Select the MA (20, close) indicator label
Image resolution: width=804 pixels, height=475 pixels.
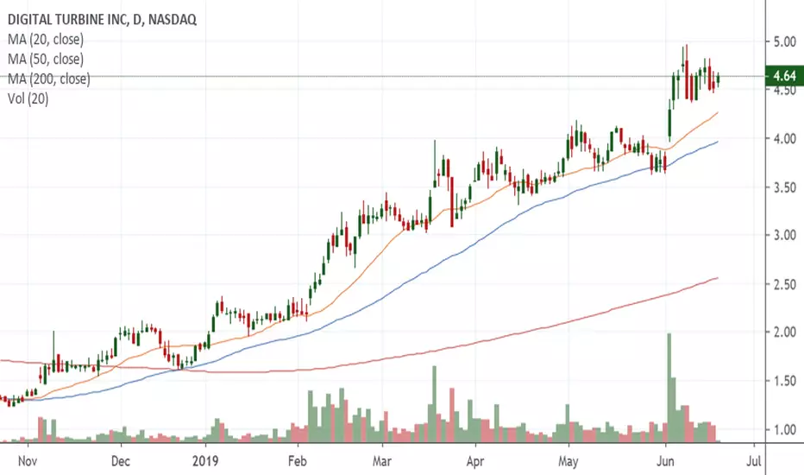click(x=46, y=40)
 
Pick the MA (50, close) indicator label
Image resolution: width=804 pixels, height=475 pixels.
click(x=46, y=59)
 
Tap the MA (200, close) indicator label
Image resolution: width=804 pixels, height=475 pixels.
click(x=48, y=79)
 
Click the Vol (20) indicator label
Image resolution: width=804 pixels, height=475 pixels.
click(x=28, y=98)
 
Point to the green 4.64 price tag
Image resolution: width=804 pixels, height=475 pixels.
click(x=784, y=76)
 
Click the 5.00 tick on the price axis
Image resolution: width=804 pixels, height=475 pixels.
click(x=784, y=41)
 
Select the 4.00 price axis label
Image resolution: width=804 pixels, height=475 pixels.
click(x=784, y=139)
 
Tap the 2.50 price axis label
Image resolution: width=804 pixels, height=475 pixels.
click(x=784, y=284)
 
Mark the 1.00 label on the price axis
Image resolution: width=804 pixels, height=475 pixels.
click(x=784, y=430)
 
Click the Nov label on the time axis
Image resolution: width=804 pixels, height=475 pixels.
click(x=28, y=460)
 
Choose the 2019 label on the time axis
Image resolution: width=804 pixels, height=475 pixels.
click(x=205, y=460)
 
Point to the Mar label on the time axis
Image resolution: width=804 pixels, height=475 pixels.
click(x=382, y=460)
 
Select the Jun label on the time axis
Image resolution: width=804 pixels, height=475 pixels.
click(x=665, y=460)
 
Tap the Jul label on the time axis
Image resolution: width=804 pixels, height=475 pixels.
click(x=754, y=460)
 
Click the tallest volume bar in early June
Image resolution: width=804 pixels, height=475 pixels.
click(x=669, y=388)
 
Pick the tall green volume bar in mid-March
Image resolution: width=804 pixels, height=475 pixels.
click(x=434, y=404)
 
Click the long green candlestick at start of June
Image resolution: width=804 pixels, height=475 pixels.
click(x=669, y=123)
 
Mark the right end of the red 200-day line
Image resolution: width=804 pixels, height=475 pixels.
click(x=718, y=278)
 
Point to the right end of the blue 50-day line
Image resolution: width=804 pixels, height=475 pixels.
click(x=718, y=142)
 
